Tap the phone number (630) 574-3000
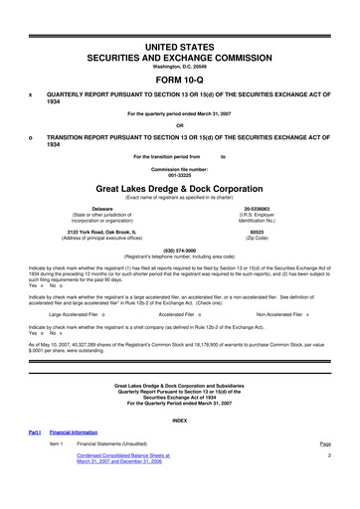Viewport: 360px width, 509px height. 179,250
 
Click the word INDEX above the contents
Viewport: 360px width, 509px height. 179,447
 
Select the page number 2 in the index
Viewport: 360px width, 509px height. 327,483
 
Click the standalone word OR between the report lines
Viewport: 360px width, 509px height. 179,124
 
